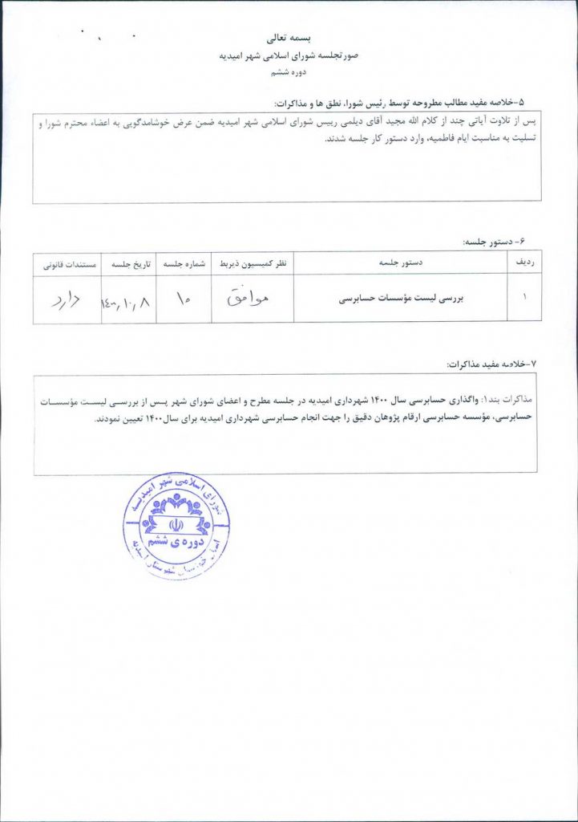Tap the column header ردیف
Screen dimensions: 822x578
pyautogui.click(x=526, y=263)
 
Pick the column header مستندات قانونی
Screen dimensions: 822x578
pyautogui.click(x=66, y=263)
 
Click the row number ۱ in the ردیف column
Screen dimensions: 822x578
pyautogui.click(x=525, y=297)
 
